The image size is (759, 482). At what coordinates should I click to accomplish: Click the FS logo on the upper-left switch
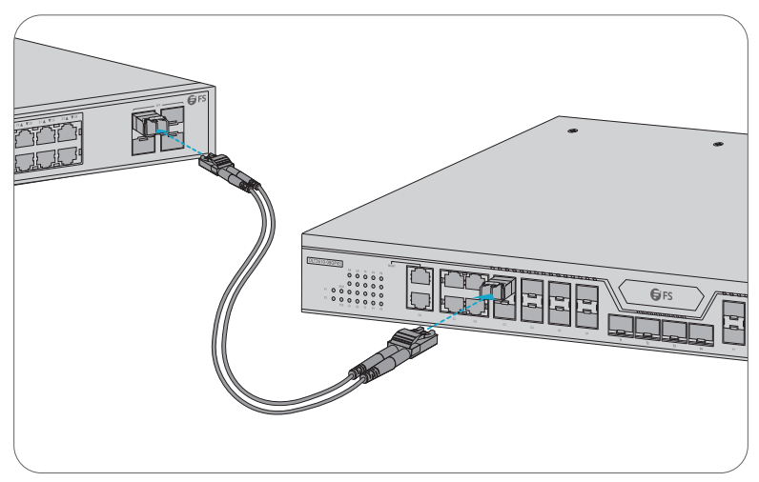[196, 99]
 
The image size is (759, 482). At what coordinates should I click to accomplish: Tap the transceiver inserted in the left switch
[147, 123]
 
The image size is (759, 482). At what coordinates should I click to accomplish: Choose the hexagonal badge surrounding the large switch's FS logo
[660, 294]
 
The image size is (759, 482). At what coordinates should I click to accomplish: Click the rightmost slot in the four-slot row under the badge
[702, 334]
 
